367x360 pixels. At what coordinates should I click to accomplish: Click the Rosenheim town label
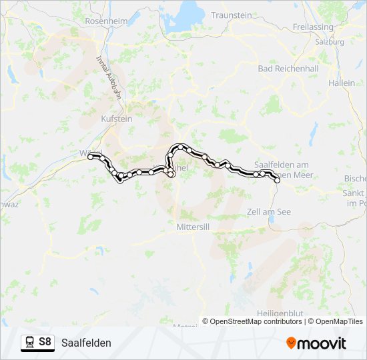(x=106, y=21)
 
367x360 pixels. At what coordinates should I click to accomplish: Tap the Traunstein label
(x=232, y=15)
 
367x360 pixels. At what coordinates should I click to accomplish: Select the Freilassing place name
(x=313, y=27)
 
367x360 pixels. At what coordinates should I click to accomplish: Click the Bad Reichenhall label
(x=288, y=69)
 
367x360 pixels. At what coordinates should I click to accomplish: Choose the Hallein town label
(x=342, y=83)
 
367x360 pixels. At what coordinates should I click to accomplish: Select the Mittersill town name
(x=194, y=227)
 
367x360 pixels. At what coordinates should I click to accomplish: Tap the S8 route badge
(x=45, y=342)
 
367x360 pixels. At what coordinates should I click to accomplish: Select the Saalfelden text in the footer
(x=86, y=343)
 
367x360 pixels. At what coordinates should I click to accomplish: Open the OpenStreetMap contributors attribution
(x=255, y=321)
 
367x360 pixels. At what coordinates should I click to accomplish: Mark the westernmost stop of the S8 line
(x=91, y=157)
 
